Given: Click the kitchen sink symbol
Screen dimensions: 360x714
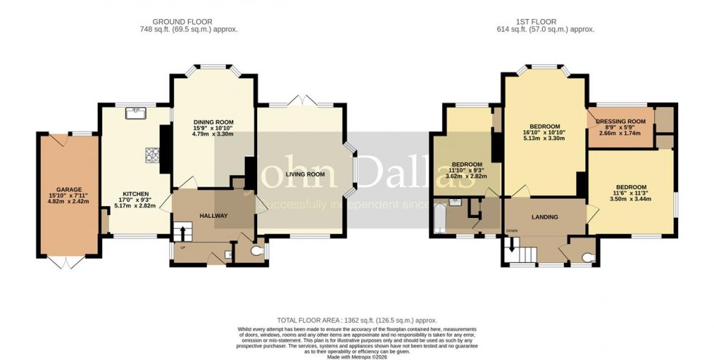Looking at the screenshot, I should click(x=136, y=112).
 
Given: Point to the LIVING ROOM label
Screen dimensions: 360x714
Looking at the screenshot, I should click(x=305, y=174).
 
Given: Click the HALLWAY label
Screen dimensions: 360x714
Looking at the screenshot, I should click(x=213, y=216).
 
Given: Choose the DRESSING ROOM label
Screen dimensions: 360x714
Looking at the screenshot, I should click(x=621, y=122).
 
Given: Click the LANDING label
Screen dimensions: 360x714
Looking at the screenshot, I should click(x=544, y=217).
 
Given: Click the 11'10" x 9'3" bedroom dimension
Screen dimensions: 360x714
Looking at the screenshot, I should click(x=466, y=170).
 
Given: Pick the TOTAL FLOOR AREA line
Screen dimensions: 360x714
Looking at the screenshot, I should click(x=356, y=321).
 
